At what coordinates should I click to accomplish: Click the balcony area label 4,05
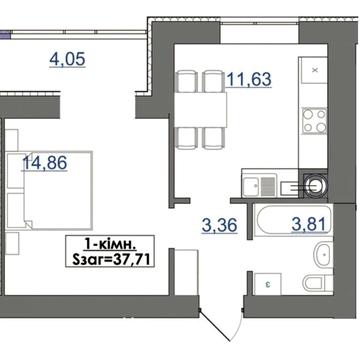[68, 60]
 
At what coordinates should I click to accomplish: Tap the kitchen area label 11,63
[249, 80]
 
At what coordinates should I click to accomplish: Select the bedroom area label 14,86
[45, 163]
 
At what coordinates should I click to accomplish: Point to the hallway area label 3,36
[219, 226]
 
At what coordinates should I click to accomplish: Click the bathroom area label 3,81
[308, 224]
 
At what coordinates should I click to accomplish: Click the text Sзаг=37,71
[110, 259]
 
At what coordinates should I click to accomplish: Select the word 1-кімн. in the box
[110, 246]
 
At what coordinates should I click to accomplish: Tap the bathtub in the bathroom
[294, 220]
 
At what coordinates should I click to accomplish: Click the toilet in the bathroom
[318, 282]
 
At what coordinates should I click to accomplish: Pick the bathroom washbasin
[324, 255]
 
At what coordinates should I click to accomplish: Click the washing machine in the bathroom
[268, 284]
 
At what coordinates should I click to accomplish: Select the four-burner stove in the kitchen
[314, 121]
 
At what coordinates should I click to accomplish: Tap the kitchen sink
[259, 187]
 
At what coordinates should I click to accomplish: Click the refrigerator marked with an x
[313, 70]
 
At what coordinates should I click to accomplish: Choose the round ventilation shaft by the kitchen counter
[315, 185]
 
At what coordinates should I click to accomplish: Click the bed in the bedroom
[57, 190]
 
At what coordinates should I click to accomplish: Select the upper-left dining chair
[186, 81]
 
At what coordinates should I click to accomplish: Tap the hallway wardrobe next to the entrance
[187, 272]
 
